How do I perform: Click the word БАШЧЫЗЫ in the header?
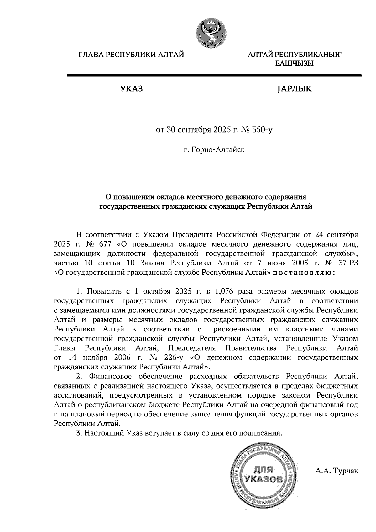click(294, 64)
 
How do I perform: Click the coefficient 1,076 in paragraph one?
click(224, 291)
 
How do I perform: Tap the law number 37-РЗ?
click(346, 263)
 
